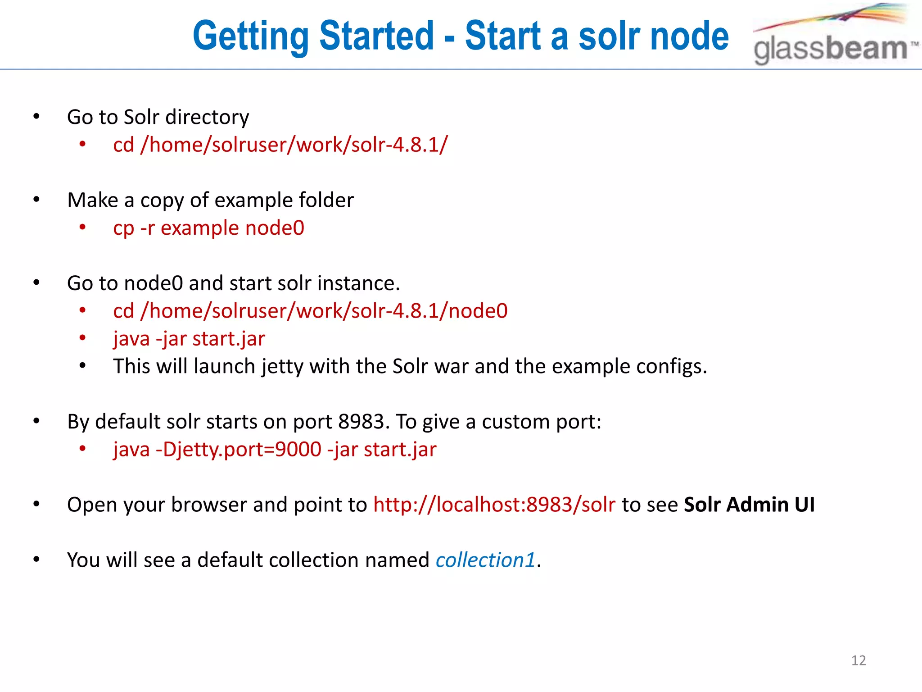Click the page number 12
tap(858, 660)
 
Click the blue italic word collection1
tap(485, 560)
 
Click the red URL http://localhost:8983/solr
tap(494, 505)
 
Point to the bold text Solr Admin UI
tap(749, 505)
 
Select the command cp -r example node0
tap(208, 228)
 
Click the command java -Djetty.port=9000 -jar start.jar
tap(275, 450)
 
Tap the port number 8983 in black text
tap(361, 422)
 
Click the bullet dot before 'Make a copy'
tap(36, 199)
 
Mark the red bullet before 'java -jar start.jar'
tap(82, 338)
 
